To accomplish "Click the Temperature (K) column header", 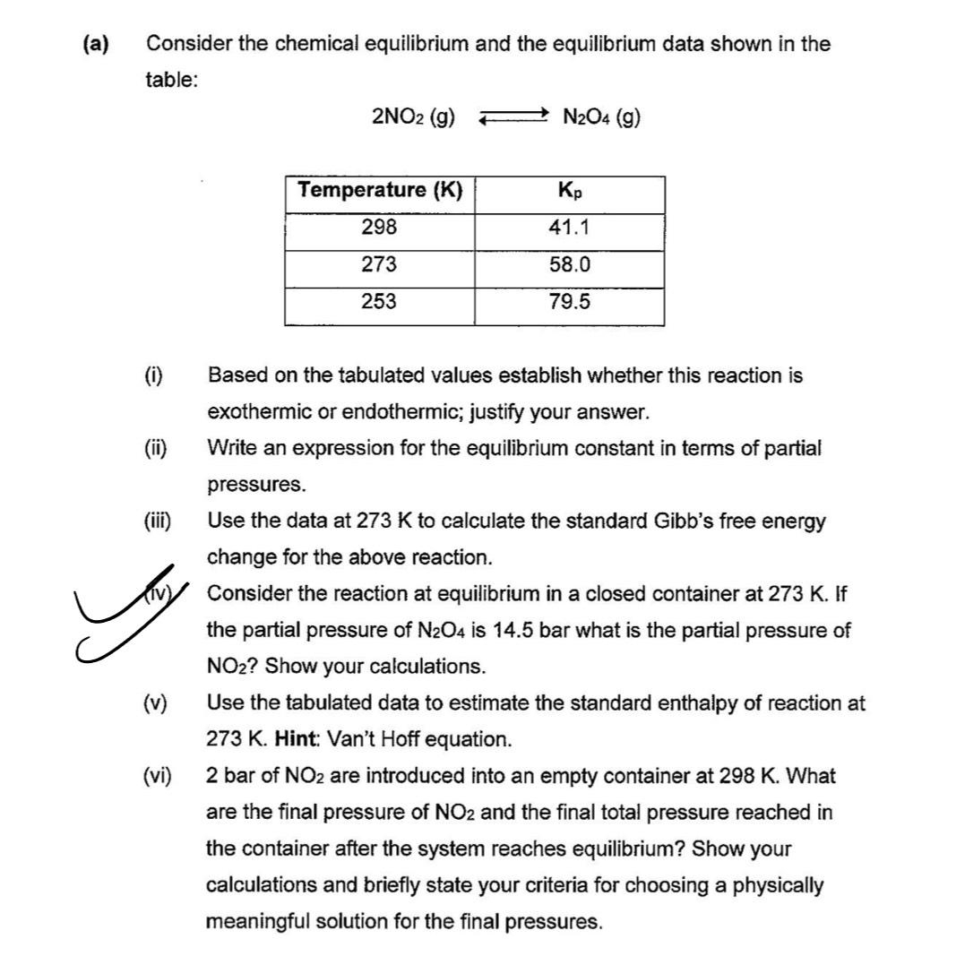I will (x=380, y=190).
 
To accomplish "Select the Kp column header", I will (x=569, y=191).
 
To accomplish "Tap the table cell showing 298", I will (x=379, y=228).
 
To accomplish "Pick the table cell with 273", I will (x=379, y=264).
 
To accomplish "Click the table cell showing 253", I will (x=379, y=301).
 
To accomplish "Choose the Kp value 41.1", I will (x=569, y=228).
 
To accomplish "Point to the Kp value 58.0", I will (x=569, y=264).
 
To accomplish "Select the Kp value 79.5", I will (x=569, y=301).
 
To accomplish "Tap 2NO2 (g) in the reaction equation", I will (x=412, y=116).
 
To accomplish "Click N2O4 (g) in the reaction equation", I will (x=600, y=116).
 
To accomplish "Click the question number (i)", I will (x=153, y=375).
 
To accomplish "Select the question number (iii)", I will (x=159, y=521).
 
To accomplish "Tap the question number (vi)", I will (x=159, y=776).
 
